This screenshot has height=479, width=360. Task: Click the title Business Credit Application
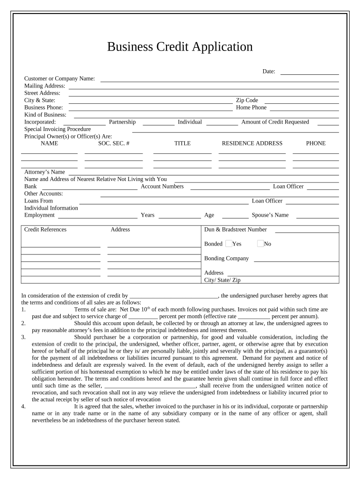[180, 47]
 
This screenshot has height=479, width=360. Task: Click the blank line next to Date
[310, 72]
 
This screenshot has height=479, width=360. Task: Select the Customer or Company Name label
[59, 79]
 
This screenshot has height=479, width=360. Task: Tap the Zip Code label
[247, 100]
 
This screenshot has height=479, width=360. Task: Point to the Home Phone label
[251, 108]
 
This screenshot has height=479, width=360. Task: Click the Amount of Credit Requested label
[275, 122]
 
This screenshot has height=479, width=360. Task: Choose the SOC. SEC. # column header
[114, 144]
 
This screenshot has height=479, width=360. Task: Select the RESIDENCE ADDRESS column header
[252, 144]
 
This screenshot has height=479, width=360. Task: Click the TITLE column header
[182, 144]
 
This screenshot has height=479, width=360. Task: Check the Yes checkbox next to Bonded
[229, 244]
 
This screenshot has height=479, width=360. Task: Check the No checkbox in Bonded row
[260, 244]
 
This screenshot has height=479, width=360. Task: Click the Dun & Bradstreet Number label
[236, 230]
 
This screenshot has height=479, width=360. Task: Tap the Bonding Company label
[226, 259]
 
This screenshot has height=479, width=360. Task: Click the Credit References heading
[45, 230]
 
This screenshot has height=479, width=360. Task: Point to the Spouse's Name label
[270, 215]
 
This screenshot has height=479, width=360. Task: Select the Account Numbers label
[162, 187]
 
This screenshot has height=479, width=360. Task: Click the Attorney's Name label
[44, 172]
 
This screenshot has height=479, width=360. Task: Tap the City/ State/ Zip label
[222, 280]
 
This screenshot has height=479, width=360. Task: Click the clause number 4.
[23, 406]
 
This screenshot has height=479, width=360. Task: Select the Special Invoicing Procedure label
[58, 129]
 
